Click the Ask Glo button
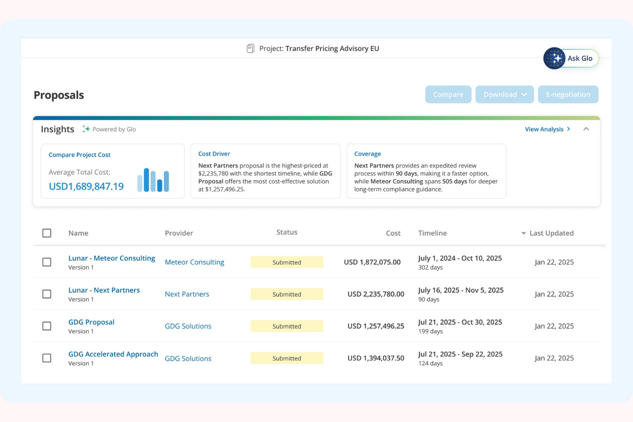tap(571, 59)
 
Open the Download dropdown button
tap(504, 94)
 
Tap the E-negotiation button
tap(568, 94)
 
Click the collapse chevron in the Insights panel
tap(586, 129)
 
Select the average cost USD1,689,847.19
tap(86, 186)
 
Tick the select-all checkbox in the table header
tap(47, 233)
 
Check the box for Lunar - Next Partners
tap(47, 294)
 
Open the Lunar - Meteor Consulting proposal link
tap(112, 258)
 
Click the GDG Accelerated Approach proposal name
tap(113, 354)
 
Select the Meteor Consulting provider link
tap(194, 262)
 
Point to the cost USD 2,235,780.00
tap(376, 294)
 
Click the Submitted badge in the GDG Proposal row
tap(287, 326)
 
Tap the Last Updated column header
tap(551, 233)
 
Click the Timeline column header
tap(432, 233)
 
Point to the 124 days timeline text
tap(430, 363)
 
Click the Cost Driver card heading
tap(214, 154)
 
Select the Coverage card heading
tap(367, 154)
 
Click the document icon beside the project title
tap(251, 49)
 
